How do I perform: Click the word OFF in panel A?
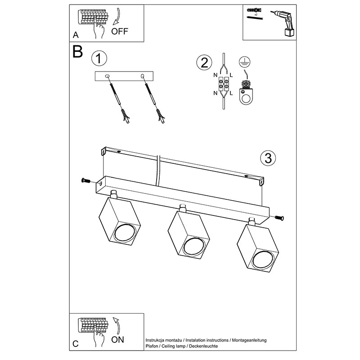[120, 31]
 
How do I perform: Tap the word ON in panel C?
[118, 340]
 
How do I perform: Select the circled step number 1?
[99, 58]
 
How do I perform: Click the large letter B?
[77, 52]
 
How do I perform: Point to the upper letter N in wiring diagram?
[216, 75]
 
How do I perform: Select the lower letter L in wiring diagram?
[231, 94]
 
